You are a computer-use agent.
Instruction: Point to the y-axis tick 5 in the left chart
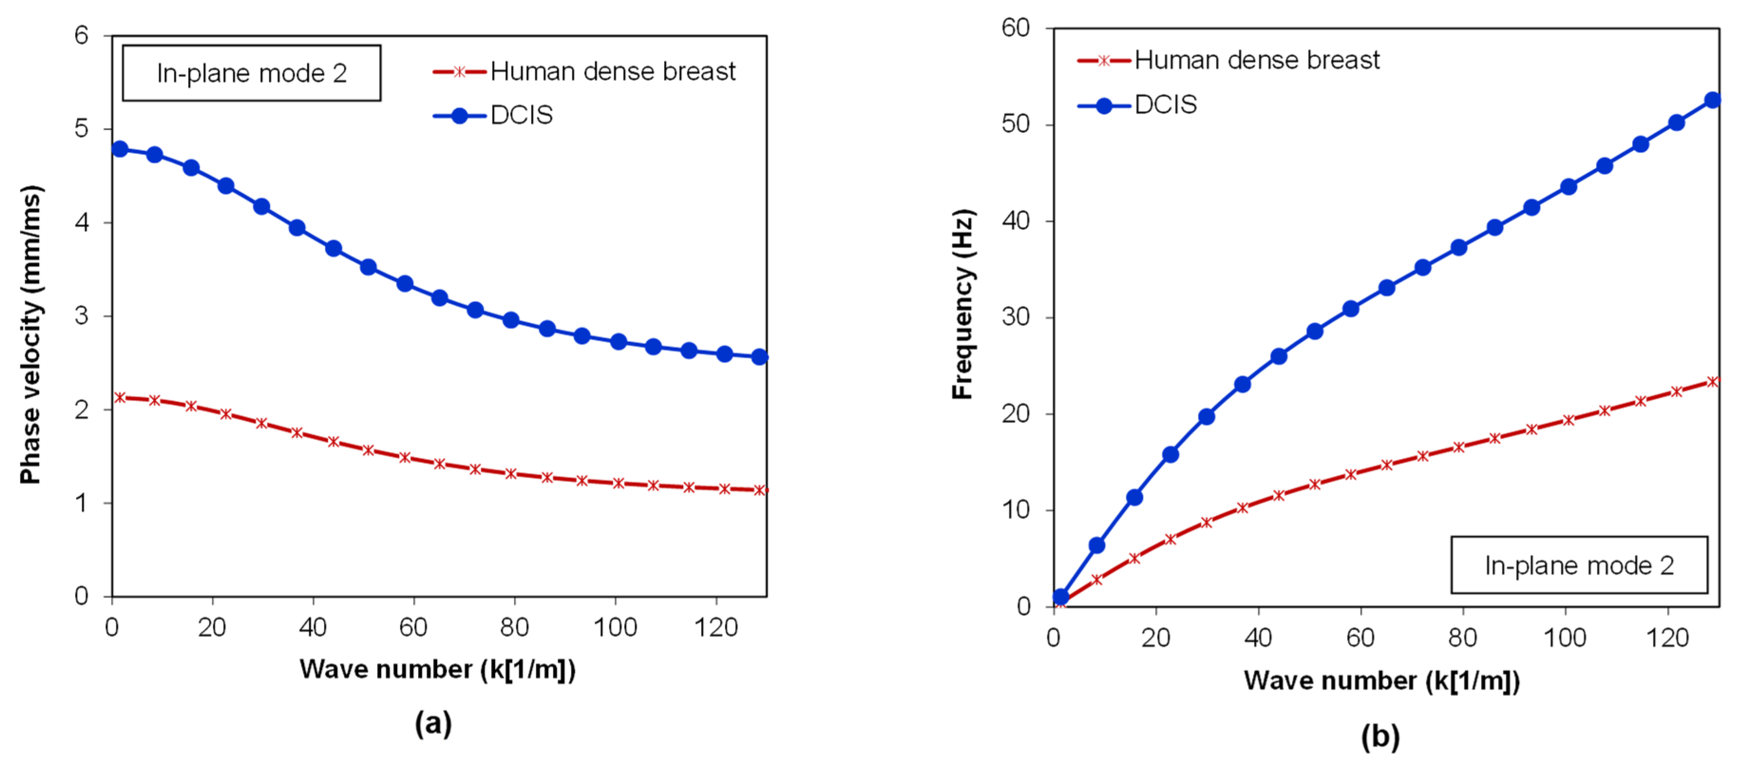tap(82, 128)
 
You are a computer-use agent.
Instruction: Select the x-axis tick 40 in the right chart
tap(1258, 638)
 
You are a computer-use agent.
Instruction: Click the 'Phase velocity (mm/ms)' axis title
tap(30, 334)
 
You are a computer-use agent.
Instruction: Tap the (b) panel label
tap(1380, 736)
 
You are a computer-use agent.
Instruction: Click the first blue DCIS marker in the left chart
tap(120, 149)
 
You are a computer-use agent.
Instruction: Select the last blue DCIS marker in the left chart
tap(759, 357)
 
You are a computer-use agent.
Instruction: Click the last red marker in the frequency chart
tap(1712, 382)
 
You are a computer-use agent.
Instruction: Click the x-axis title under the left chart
tap(437, 670)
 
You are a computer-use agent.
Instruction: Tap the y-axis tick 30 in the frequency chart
tap(1015, 317)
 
